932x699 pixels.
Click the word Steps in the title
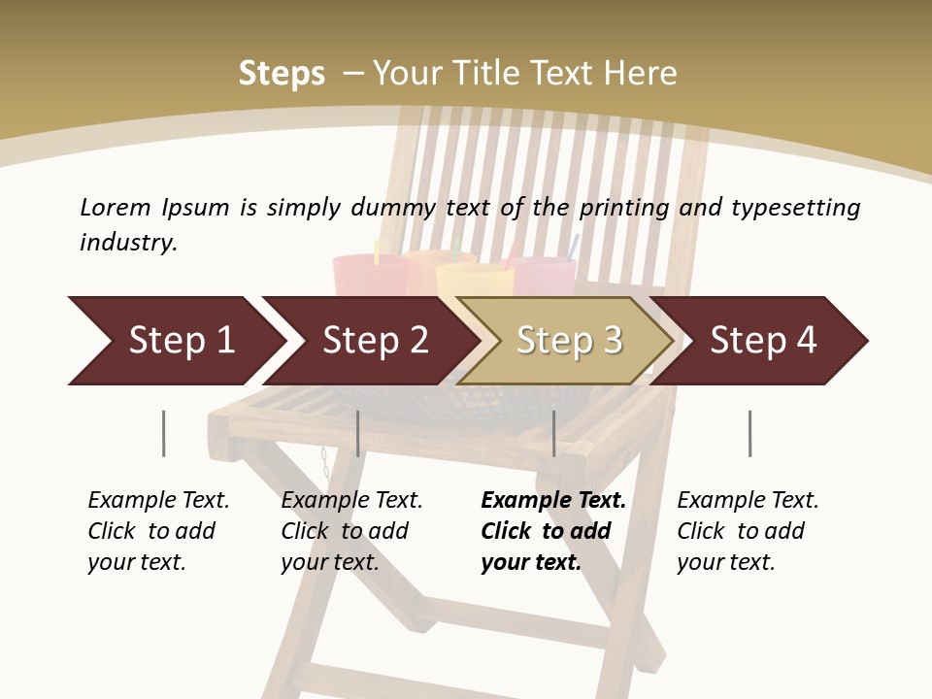282,74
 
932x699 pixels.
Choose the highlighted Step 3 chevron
569,341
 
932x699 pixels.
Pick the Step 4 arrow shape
763,341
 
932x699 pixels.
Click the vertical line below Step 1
163,433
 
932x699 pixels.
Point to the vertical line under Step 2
358,433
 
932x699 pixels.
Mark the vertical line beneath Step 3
553,433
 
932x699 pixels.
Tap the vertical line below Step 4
749,433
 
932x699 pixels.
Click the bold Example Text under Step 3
553,531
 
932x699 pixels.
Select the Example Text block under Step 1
158,531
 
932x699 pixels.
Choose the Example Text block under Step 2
351,531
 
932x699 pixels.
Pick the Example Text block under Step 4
748,531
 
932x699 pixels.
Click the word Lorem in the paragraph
116,207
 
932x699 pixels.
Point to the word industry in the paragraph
128,243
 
